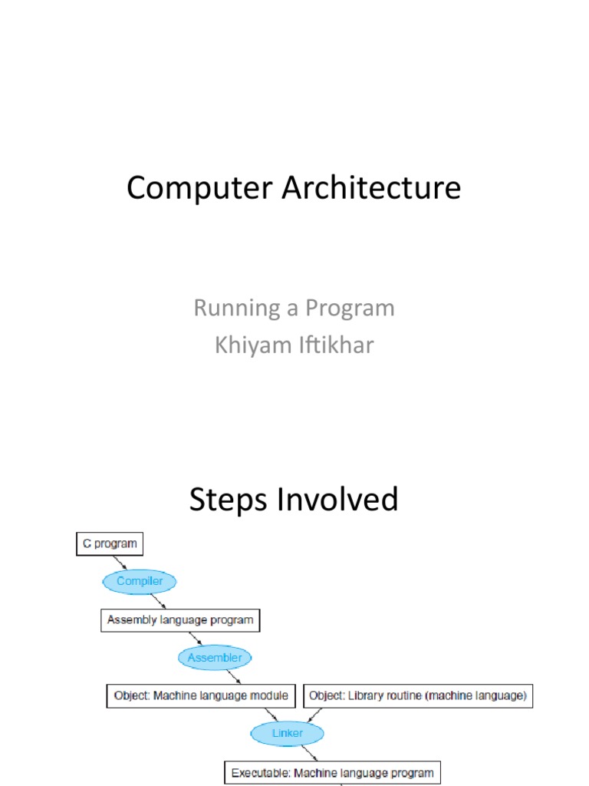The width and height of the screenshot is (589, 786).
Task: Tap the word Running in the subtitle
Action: tap(236, 309)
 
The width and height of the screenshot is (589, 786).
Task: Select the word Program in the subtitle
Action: tap(349, 309)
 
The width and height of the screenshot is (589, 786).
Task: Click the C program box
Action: tap(110, 544)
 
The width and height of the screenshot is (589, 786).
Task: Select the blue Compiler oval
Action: tap(140, 581)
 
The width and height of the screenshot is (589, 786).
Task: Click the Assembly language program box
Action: tap(180, 619)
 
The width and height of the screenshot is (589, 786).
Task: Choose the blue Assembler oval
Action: tap(215, 657)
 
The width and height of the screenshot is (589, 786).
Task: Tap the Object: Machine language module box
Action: tap(201, 695)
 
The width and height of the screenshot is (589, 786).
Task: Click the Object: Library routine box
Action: tap(418, 695)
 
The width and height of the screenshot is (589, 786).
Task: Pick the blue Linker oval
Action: tap(288, 733)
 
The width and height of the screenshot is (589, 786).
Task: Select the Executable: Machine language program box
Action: tap(333, 772)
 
